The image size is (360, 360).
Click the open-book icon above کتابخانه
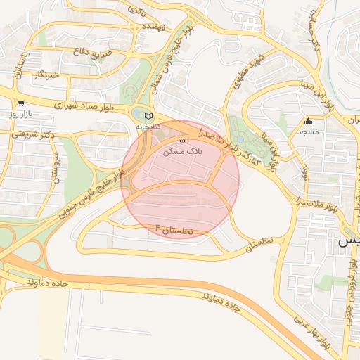pos(148,116)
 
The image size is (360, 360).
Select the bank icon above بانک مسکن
pos(182,141)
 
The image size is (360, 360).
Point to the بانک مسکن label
pos(182,151)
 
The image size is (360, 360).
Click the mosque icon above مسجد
pos(308,122)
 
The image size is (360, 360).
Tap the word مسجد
pos(308,131)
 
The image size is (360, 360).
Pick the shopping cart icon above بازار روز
pos(21,103)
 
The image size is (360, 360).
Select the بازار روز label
pos(21,112)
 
